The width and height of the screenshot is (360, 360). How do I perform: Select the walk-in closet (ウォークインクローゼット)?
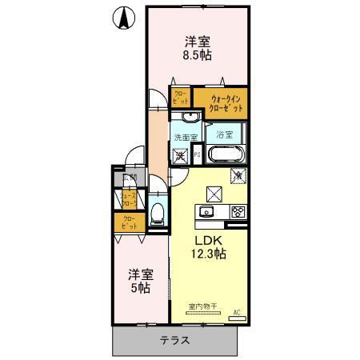pos(226,102)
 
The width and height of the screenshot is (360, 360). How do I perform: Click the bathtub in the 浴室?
pos(227,154)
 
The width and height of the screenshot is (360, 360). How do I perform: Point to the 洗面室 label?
pos(186,137)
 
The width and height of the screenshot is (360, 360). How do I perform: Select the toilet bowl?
pos(158,213)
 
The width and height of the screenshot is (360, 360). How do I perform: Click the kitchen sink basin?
pos(206,212)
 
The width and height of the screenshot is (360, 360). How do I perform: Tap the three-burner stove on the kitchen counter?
pos(237,212)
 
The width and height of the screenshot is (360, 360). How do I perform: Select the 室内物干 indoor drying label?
pos(204,306)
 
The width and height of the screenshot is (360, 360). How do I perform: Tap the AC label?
pos(237,313)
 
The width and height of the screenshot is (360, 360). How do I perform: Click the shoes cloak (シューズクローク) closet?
pos(128,199)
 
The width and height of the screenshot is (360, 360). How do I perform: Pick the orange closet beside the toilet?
pos(129,222)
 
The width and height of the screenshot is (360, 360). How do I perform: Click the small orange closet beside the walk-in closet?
pos(181,98)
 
